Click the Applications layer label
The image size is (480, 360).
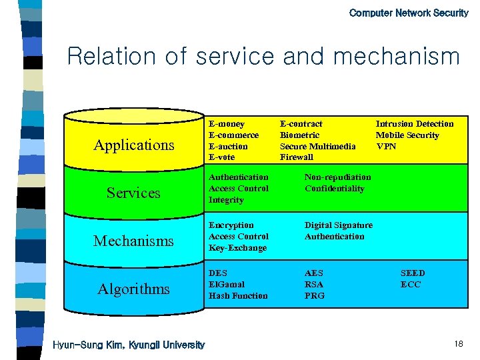134,145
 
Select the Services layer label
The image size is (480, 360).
133,193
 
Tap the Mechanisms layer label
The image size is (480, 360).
133,241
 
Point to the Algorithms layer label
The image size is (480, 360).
133,289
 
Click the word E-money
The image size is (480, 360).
227,124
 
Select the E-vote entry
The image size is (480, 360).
222,157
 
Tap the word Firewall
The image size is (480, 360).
297,157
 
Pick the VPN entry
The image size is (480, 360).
386,146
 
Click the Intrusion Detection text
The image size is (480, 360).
414,124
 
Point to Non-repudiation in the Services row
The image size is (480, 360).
337,177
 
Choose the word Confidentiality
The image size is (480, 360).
334,189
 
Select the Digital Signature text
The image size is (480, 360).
338,225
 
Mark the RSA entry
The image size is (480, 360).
313,285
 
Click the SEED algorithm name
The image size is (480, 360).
412,273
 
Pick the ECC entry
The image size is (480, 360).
410,285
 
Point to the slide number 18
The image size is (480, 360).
458,343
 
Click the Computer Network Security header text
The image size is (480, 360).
408,13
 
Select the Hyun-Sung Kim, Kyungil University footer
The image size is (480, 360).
129,345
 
